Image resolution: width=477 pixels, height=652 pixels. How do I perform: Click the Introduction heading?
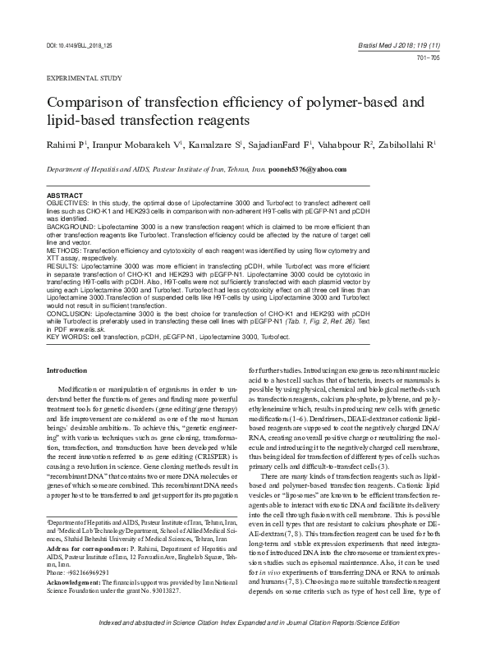pyautogui.click(x=71, y=370)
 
